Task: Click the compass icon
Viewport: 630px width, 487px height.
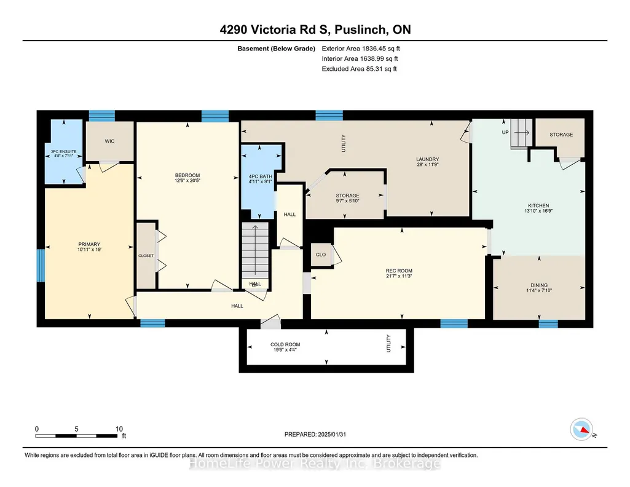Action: (x=581, y=429)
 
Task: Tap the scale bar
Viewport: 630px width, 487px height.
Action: (x=77, y=435)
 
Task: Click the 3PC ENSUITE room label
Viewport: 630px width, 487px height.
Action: (x=63, y=151)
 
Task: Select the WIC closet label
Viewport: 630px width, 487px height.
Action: (x=109, y=141)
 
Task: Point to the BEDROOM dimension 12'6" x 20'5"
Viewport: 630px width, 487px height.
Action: (x=187, y=181)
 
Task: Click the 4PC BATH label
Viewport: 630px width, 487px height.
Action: (x=261, y=176)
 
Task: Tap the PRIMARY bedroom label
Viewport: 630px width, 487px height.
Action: (x=89, y=244)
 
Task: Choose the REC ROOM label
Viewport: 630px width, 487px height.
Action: (x=399, y=271)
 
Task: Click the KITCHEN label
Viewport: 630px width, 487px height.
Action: (x=538, y=206)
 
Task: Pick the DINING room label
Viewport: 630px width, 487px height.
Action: (x=539, y=285)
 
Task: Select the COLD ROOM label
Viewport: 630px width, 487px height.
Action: (x=285, y=344)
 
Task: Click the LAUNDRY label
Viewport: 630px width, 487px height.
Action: (x=428, y=159)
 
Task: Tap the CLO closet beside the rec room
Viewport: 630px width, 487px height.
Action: (x=321, y=255)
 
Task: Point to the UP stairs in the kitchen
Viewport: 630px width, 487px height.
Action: (x=521, y=133)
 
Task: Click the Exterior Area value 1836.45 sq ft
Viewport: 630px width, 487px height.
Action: (x=381, y=49)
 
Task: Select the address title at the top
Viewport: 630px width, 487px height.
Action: (x=315, y=30)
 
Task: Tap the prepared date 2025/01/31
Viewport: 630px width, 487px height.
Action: (x=332, y=434)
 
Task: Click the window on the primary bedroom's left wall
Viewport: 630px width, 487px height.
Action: (x=41, y=266)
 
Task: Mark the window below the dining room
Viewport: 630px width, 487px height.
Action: (x=548, y=323)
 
